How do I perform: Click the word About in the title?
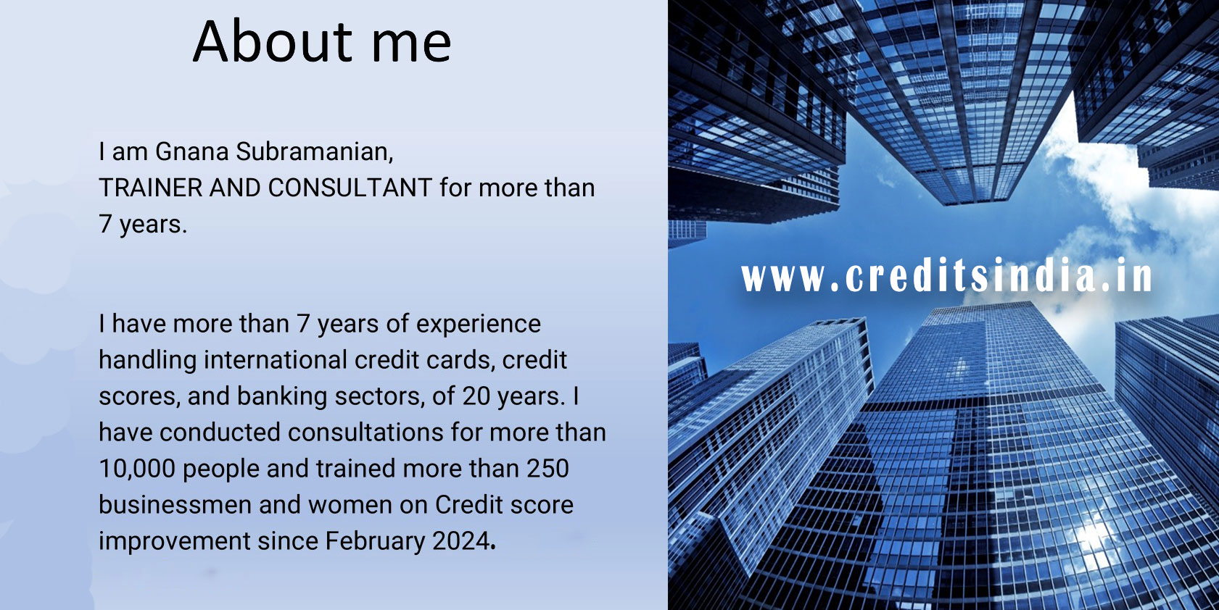(273, 41)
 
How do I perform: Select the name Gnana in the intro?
(192, 151)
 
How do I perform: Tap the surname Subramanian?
(315, 151)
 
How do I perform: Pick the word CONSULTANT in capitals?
(350, 188)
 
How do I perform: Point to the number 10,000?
(137, 469)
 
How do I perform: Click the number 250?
(548, 468)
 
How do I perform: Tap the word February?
(376, 541)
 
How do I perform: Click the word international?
(276, 360)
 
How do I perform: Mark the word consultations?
(365, 433)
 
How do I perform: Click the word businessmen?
(175, 504)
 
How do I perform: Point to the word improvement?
(175, 542)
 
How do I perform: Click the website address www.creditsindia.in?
(947, 276)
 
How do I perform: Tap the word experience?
(479, 325)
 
